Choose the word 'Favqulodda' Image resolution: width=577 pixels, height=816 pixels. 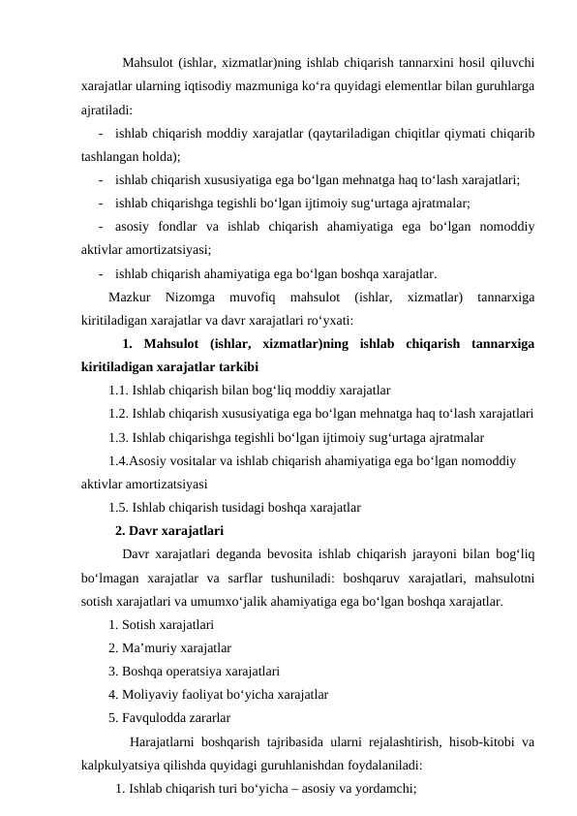(155, 718)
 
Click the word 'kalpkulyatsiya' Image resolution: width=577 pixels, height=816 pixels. (122, 765)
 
